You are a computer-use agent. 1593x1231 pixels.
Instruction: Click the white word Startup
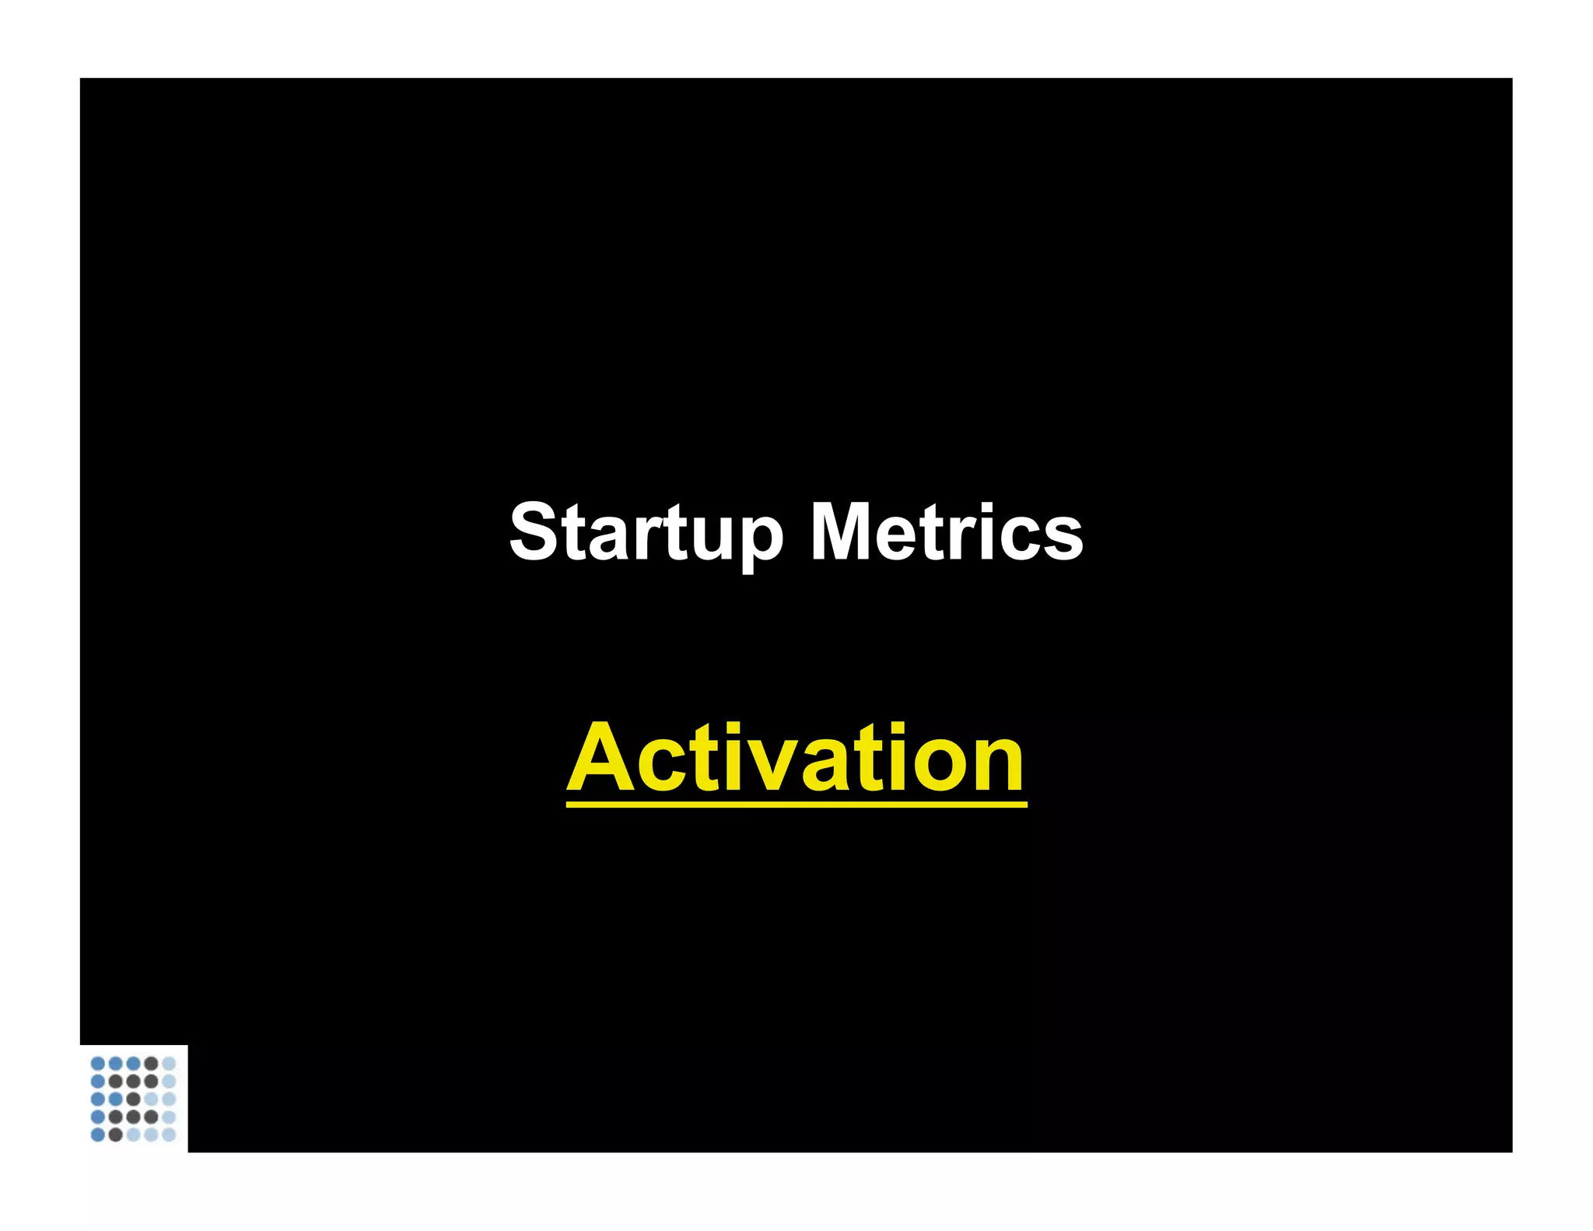tap(645, 532)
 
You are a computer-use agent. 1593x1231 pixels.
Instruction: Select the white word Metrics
tap(946, 532)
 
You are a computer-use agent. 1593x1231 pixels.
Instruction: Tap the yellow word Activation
tap(796, 758)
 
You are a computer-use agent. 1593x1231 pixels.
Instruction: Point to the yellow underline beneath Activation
tap(796, 804)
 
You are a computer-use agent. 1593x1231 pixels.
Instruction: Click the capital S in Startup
tap(534, 532)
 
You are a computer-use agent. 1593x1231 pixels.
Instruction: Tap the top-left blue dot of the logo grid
tap(98, 1063)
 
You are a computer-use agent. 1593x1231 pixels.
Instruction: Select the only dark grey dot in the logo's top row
tap(151, 1063)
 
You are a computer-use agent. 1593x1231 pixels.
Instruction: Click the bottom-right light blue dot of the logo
tap(169, 1135)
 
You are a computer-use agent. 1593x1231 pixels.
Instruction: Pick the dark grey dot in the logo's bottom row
tap(116, 1135)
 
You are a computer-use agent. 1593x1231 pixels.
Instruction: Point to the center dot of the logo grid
tap(133, 1099)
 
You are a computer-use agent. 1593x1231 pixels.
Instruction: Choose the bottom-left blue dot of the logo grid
tap(98, 1135)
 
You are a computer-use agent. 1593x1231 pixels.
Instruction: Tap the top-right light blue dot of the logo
tap(169, 1063)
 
